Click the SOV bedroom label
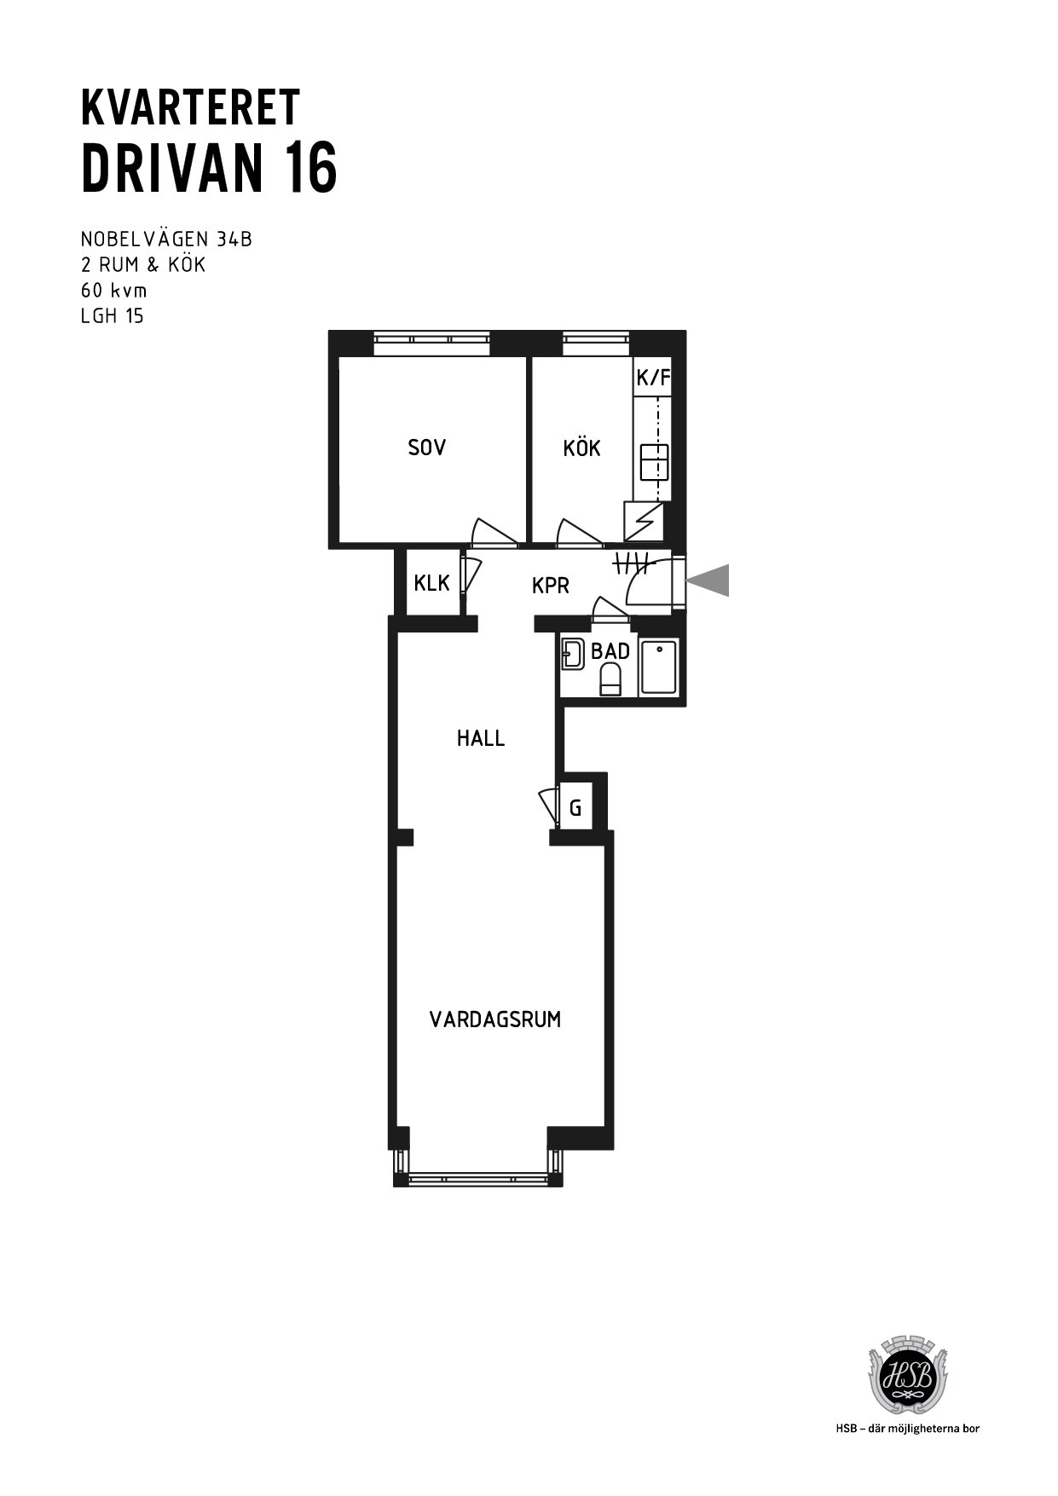pyautogui.click(x=426, y=448)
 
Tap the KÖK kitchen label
pyautogui.click(x=581, y=447)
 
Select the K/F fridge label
pyautogui.click(x=653, y=377)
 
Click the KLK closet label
pyautogui.click(x=431, y=583)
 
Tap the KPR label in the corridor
pyautogui.click(x=550, y=586)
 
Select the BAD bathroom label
pyautogui.click(x=610, y=651)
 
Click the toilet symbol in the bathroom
pyautogui.click(x=610, y=680)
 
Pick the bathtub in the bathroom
pyautogui.click(x=659, y=667)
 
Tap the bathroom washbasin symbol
pyautogui.click(x=572, y=654)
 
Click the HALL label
pyautogui.click(x=481, y=738)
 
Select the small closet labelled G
pyautogui.click(x=575, y=807)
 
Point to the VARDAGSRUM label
pyautogui.click(x=495, y=1019)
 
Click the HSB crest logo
pyautogui.click(x=906, y=1378)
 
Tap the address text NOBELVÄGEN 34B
pyautogui.click(x=166, y=240)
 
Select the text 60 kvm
pyautogui.click(x=114, y=290)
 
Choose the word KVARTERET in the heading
pyautogui.click(x=190, y=107)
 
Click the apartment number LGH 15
pyautogui.click(x=113, y=316)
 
